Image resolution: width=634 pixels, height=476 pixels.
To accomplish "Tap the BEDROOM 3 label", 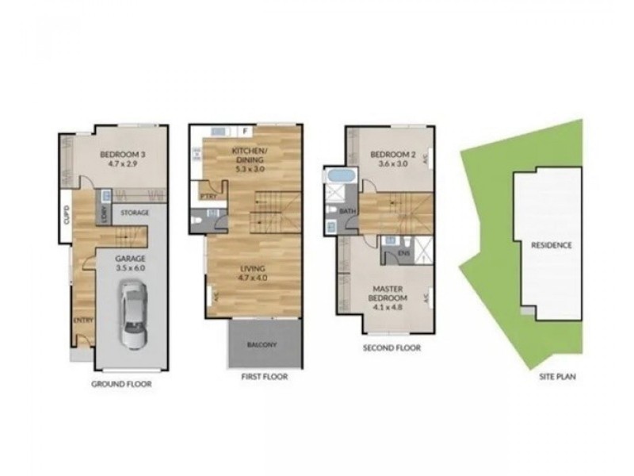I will pyautogui.click(x=120, y=155).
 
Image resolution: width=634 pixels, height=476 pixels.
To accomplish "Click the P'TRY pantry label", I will pyautogui.click(x=210, y=194).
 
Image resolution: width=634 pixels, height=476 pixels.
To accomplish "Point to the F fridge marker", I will pyautogui.click(x=246, y=131).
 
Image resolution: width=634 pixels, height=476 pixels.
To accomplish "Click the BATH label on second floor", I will pyautogui.click(x=346, y=212).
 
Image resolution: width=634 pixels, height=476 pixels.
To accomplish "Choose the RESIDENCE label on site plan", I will pyautogui.click(x=552, y=245).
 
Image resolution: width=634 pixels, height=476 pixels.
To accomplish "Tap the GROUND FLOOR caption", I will pyautogui.click(x=122, y=384).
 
